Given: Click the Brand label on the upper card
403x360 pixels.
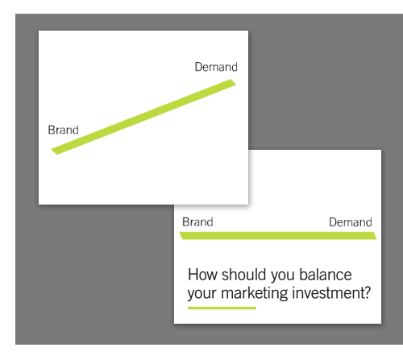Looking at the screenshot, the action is click(64, 130).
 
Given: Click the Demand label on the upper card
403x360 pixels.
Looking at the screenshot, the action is click(216, 67).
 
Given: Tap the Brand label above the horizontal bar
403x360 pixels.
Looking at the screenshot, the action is click(197, 222).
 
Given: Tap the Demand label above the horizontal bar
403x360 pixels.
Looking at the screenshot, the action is click(351, 222).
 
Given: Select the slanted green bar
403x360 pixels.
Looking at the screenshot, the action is click(143, 117).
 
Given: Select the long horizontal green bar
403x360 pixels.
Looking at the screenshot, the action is click(278, 236).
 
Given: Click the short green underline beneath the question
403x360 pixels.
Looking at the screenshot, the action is click(222, 308).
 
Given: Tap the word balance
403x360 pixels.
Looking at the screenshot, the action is click(326, 275).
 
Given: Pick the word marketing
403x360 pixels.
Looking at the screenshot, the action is click(255, 293).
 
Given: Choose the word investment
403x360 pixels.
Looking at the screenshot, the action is click(327, 292).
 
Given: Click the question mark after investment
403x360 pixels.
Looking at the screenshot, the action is click(367, 292).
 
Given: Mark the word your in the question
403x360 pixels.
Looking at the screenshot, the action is click(202, 294).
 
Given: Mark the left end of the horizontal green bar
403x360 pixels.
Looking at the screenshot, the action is click(180, 233).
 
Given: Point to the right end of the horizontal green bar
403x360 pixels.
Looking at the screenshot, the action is click(376, 238).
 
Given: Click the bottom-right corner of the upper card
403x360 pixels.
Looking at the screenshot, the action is click(248, 205).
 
